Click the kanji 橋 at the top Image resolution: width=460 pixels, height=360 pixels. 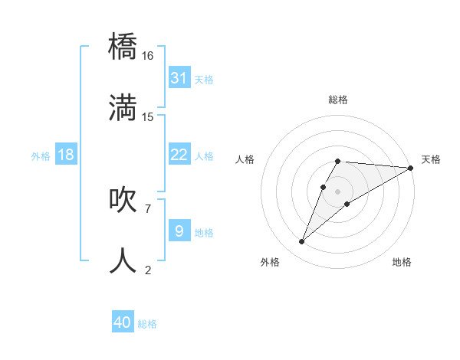click(x=123, y=47)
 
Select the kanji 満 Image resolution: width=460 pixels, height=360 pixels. click(x=123, y=107)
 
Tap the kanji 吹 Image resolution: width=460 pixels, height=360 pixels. click(x=123, y=198)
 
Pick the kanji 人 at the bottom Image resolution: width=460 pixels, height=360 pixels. click(x=123, y=260)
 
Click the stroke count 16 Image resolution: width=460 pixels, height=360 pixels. click(x=148, y=56)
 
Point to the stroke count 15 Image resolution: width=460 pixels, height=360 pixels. click(x=148, y=116)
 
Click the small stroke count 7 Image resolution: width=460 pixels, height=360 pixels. click(x=147, y=208)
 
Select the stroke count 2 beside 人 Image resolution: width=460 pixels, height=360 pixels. click(x=148, y=269)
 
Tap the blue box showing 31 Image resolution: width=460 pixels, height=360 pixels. click(x=179, y=78)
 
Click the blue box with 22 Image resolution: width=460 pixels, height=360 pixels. click(x=179, y=155)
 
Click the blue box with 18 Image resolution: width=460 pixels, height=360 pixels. click(x=66, y=155)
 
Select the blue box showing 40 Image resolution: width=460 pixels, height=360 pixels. click(x=123, y=322)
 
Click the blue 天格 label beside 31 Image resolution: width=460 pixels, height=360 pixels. click(x=204, y=79)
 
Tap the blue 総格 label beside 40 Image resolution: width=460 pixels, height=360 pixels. click(x=147, y=323)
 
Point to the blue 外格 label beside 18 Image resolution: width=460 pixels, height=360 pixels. click(x=41, y=155)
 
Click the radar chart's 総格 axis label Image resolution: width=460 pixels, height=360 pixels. click(x=338, y=100)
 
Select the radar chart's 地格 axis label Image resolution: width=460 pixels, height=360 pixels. click(x=402, y=262)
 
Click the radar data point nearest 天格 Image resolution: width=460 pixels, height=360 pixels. click(x=411, y=168)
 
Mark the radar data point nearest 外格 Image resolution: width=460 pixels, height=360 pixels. click(x=301, y=242)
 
